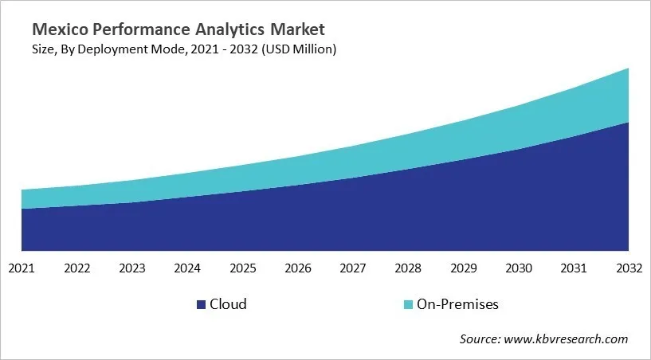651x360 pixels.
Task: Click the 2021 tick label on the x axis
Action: tap(22, 268)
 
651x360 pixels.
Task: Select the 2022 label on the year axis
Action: tap(76, 268)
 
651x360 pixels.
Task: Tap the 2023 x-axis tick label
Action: tap(131, 268)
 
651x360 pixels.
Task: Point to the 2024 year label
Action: tap(187, 268)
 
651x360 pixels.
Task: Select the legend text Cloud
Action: tap(228, 304)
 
